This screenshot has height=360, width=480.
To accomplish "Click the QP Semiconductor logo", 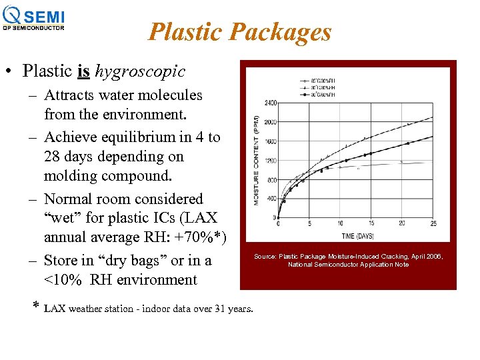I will click(35, 18).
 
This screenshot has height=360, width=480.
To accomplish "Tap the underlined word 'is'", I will click(84, 71).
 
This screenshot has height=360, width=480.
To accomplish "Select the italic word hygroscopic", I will click(141, 71).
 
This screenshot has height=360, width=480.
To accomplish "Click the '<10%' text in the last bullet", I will click(63, 280).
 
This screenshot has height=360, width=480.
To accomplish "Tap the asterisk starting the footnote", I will click(36, 307).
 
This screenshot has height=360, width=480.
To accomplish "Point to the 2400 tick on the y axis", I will click(271, 103).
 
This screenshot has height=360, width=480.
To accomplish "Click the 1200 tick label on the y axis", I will click(271, 161).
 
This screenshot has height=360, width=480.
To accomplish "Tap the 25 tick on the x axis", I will click(433, 224).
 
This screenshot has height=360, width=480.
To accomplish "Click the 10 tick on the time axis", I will click(340, 224).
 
